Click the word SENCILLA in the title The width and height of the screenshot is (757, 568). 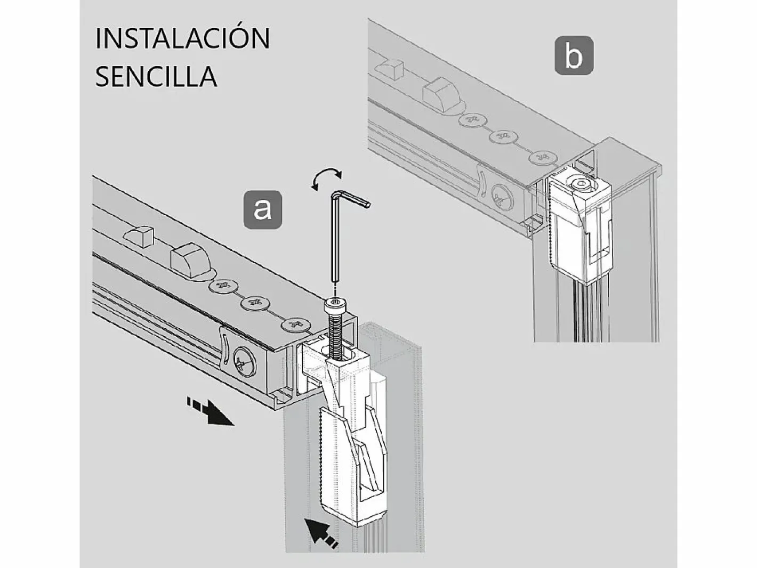[156, 76]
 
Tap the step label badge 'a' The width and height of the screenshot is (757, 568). [262, 210]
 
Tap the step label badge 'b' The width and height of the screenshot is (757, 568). [574, 55]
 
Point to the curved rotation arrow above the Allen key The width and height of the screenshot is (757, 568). [326, 176]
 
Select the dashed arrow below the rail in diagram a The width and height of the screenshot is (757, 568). [211, 411]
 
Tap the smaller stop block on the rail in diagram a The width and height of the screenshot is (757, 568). [138, 235]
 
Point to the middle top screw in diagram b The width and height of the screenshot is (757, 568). [504, 136]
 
